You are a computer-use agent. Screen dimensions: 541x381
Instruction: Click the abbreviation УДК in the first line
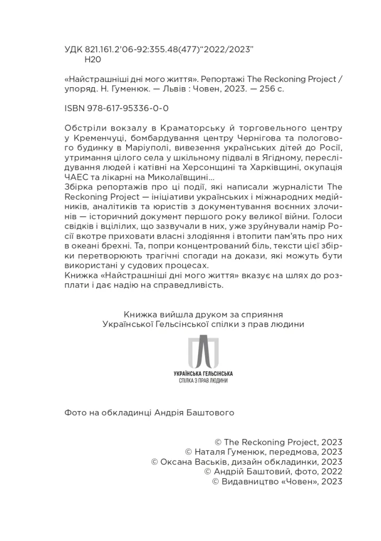[x=73, y=49]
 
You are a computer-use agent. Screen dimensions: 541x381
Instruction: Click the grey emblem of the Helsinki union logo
[x=203, y=351]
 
